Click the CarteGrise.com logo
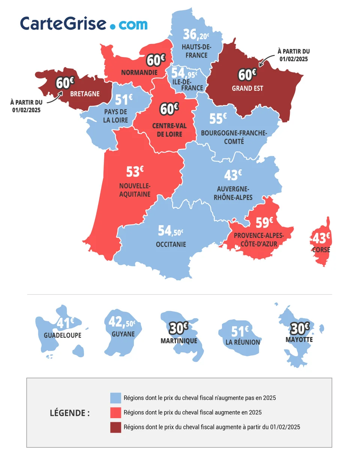click(84, 24)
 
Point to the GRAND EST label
click(247, 89)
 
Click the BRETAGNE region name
click(85, 94)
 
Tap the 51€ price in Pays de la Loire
click(123, 100)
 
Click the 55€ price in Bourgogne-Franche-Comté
click(218, 119)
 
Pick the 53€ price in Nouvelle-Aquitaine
click(135, 172)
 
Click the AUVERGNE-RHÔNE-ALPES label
click(235, 193)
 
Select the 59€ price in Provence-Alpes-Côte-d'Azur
click(264, 223)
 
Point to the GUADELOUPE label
click(63, 336)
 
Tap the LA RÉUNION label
click(243, 342)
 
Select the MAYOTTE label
click(299, 340)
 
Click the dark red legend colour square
click(115, 427)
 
